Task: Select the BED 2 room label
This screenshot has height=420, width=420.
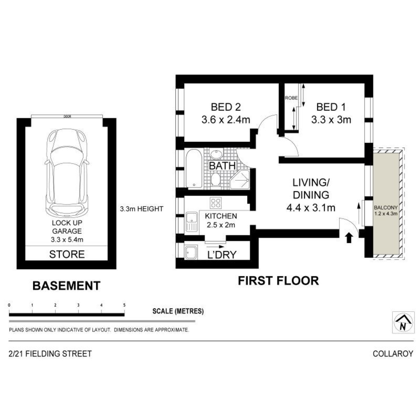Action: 226,107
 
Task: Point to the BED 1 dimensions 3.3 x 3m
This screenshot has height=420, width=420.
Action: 331,120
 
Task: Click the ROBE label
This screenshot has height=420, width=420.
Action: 292,98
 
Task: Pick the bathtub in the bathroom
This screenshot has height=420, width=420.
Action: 194,168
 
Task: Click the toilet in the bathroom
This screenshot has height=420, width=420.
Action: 215,179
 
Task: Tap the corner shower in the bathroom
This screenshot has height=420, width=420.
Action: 240,179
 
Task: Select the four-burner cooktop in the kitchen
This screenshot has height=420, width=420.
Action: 216,203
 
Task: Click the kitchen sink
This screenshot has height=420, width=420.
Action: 191,222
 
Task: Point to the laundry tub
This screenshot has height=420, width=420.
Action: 191,252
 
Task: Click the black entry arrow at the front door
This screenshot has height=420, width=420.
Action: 349,238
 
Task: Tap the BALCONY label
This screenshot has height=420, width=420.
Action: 386,208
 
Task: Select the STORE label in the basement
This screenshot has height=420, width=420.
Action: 67,254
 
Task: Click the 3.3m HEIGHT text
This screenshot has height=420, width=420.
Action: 141,209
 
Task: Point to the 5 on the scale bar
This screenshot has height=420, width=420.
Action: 124,305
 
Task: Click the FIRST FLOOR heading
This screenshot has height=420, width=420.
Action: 278,281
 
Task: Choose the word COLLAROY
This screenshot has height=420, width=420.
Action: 393,353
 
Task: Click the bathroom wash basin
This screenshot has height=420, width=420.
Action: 216,154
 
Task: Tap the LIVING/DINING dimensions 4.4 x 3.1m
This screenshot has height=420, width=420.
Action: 311,208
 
